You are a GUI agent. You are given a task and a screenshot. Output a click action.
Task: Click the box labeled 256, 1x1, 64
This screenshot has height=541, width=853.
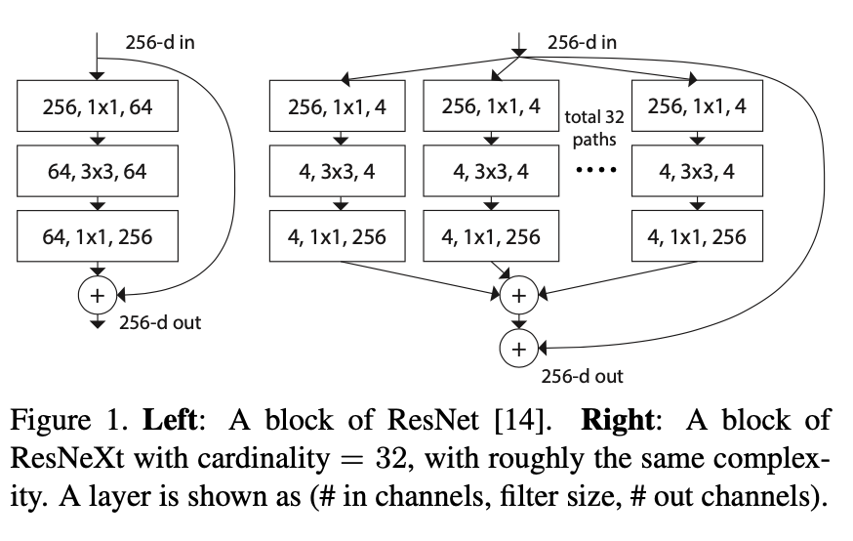(98, 107)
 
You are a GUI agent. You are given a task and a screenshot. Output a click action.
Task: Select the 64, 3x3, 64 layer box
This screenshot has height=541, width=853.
(98, 173)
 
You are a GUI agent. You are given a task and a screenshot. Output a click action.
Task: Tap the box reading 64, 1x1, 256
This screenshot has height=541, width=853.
(98, 236)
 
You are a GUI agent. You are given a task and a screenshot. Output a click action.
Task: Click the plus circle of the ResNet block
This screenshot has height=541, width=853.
(98, 293)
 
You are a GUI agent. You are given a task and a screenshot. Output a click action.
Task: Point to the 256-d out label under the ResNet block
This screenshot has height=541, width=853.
(160, 322)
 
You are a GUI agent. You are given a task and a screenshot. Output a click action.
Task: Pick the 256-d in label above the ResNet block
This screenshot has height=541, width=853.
(165, 43)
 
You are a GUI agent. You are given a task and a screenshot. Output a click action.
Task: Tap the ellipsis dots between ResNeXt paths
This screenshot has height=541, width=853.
(594, 173)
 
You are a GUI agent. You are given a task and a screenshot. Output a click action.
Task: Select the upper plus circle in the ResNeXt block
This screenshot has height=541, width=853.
(518, 294)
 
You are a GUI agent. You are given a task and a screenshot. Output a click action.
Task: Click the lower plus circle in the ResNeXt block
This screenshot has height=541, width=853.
(518, 348)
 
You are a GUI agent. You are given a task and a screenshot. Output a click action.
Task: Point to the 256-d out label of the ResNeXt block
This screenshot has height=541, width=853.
(582, 376)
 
